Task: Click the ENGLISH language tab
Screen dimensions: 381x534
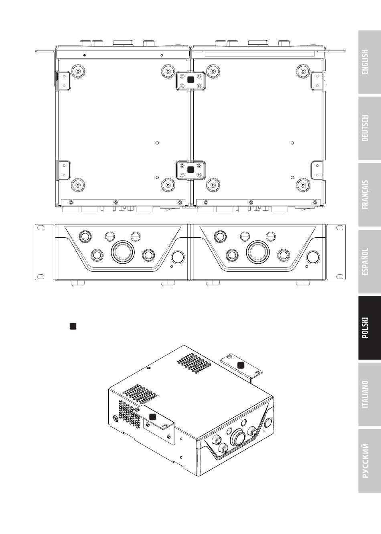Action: (369, 62)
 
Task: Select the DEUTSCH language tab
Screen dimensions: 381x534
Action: (369, 128)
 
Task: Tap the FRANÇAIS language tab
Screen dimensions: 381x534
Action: (369, 195)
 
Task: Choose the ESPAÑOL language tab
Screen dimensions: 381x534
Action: (369, 261)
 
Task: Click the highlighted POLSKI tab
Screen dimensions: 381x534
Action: (369, 328)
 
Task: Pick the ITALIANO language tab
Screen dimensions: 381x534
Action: (369, 394)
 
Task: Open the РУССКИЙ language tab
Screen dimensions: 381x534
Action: (369, 461)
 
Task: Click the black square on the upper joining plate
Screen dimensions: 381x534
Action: (191, 80)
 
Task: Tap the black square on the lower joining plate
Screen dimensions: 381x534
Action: (191, 170)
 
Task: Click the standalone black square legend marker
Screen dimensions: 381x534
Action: (73, 326)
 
